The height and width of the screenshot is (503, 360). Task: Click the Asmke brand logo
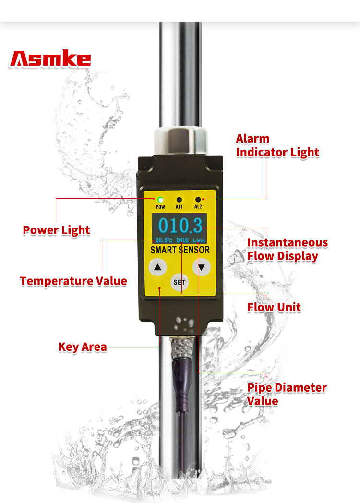tap(50, 59)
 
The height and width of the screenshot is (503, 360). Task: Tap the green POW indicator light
tap(160, 200)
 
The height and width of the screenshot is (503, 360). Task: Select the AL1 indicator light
tap(179, 200)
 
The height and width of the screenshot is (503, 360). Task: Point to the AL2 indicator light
tap(198, 200)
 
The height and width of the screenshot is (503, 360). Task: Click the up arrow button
tap(157, 267)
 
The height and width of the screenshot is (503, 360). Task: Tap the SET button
tap(180, 282)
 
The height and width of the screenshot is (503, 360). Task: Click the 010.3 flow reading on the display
tap(180, 225)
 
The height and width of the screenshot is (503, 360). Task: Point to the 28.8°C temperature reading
tap(164, 240)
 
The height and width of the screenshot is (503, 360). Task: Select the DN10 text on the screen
tap(182, 240)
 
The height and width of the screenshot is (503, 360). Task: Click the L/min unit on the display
tap(199, 240)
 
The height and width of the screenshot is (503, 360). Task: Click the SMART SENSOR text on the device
tap(180, 250)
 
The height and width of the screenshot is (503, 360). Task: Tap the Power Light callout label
tap(57, 230)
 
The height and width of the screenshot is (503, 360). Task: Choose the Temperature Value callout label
tap(73, 281)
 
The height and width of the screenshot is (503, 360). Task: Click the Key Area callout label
tap(83, 347)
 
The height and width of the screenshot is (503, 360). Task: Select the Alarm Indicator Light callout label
tap(277, 145)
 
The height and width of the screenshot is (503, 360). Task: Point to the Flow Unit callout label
tap(274, 307)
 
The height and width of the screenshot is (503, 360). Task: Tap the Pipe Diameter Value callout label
tap(287, 394)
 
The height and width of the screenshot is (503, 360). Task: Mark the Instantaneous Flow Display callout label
tap(288, 250)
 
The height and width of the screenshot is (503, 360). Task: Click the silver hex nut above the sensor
tap(180, 141)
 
